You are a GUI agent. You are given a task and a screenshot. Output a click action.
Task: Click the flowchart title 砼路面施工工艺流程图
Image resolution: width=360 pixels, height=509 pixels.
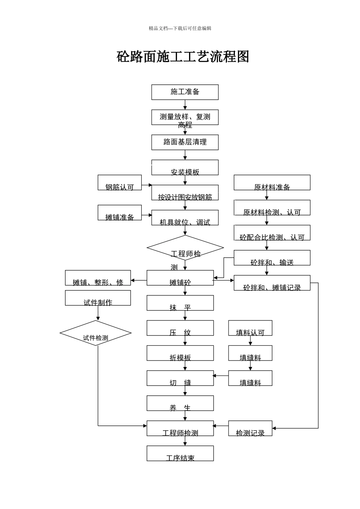click(x=183, y=57)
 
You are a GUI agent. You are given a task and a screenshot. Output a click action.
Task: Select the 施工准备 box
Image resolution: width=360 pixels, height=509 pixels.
click(x=185, y=92)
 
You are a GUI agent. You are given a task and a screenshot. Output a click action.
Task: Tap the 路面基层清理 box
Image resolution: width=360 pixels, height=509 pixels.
click(x=185, y=142)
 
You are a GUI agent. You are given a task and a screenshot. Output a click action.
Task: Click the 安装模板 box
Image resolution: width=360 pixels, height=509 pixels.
click(x=185, y=168)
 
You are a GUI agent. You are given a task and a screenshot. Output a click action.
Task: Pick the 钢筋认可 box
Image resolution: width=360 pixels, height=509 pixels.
click(x=119, y=183)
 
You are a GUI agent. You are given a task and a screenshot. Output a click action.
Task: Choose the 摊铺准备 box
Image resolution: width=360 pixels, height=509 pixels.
click(x=119, y=213)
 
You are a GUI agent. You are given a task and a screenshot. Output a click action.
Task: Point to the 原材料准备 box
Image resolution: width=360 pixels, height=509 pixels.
click(x=272, y=183)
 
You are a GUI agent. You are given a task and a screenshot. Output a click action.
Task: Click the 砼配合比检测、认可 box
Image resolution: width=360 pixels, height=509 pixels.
click(x=272, y=233)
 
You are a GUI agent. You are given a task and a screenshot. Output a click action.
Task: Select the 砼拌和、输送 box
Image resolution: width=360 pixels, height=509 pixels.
click(x=272, y=258)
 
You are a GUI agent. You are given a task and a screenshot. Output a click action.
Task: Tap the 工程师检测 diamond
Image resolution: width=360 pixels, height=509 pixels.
click(x=185, y=248)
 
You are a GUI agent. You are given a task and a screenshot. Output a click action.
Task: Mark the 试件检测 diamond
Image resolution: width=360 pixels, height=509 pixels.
click(x=95, y=333)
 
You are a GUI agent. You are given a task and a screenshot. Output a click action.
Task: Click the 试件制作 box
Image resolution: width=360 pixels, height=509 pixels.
click(x=98, y=298)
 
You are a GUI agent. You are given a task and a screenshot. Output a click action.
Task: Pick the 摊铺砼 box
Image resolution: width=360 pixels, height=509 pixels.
click(x=180, y=278)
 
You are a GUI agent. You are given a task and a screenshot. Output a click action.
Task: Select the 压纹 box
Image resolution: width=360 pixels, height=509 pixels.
click(x=180, y=328)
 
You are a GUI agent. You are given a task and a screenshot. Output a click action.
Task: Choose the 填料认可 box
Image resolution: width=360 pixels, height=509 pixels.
click(x=250, y=328)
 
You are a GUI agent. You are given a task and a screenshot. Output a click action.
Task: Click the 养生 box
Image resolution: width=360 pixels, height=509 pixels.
click(x=180, y=403)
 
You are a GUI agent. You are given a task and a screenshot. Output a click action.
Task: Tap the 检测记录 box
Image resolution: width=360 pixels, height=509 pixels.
click(x=250, y=428)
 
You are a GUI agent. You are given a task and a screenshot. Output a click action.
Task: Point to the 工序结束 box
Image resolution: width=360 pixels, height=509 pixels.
click(x=180, y=453)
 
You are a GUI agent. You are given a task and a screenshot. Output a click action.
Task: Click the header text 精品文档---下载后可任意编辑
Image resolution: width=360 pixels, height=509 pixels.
click(x=180, y=28)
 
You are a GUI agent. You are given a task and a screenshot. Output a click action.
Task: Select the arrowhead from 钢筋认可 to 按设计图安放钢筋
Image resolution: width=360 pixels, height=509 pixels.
click(x=150, y=185)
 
